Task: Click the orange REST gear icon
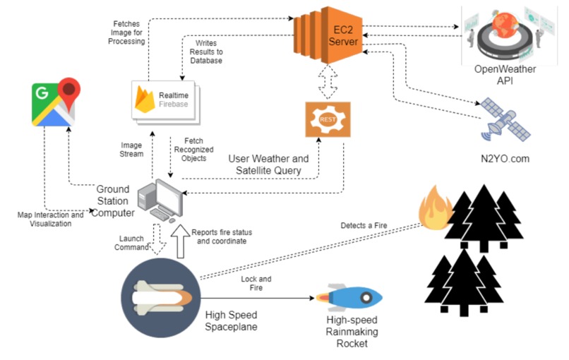[x=328, y=119]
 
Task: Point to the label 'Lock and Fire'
[x=256, y=284]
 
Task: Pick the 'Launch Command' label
[x=133, y=243]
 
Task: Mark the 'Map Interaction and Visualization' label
[x=50, y=219]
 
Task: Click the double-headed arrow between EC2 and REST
[x=327, y=82]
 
